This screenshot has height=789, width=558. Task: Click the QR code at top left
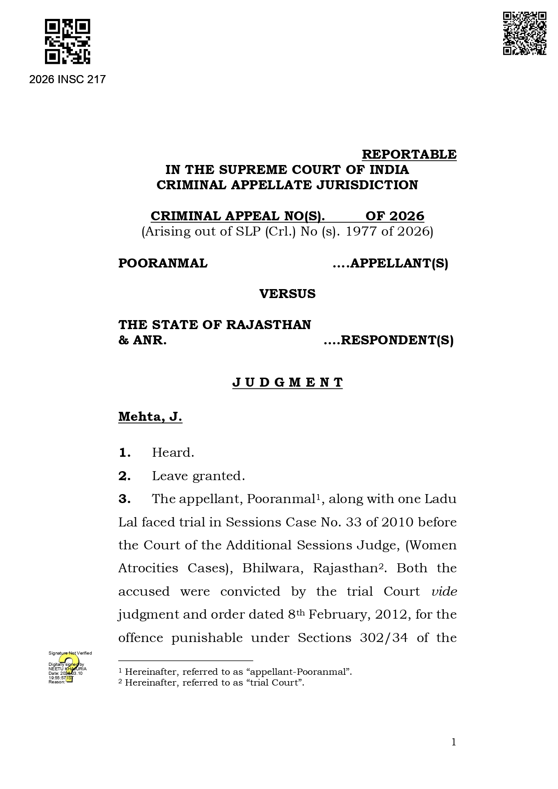[x=67, y=41]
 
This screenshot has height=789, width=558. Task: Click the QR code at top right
[x=524, y=34]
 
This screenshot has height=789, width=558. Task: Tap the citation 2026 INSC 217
[x=67, y=80]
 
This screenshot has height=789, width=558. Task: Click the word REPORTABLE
[x=409, y=154]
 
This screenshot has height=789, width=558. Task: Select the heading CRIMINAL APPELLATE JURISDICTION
[x=287, y=185]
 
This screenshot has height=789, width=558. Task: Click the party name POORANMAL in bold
[x=163, y=263]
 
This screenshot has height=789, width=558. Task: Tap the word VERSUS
[x=287, y=294]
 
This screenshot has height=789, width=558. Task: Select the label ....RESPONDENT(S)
[x=388, y=340]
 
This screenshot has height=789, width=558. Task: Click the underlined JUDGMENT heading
[x=287, y=382]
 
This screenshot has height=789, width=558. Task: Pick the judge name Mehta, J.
[x=150, y=417]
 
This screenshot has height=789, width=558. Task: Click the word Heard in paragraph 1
[x=173, y=452]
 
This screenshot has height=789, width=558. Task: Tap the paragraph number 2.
[x=125, y=476]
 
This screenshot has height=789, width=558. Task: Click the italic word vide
[x=444, y=591]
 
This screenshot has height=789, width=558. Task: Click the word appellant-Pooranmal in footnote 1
[x=297, y=672]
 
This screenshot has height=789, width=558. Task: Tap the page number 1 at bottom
[x=454, y=742]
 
